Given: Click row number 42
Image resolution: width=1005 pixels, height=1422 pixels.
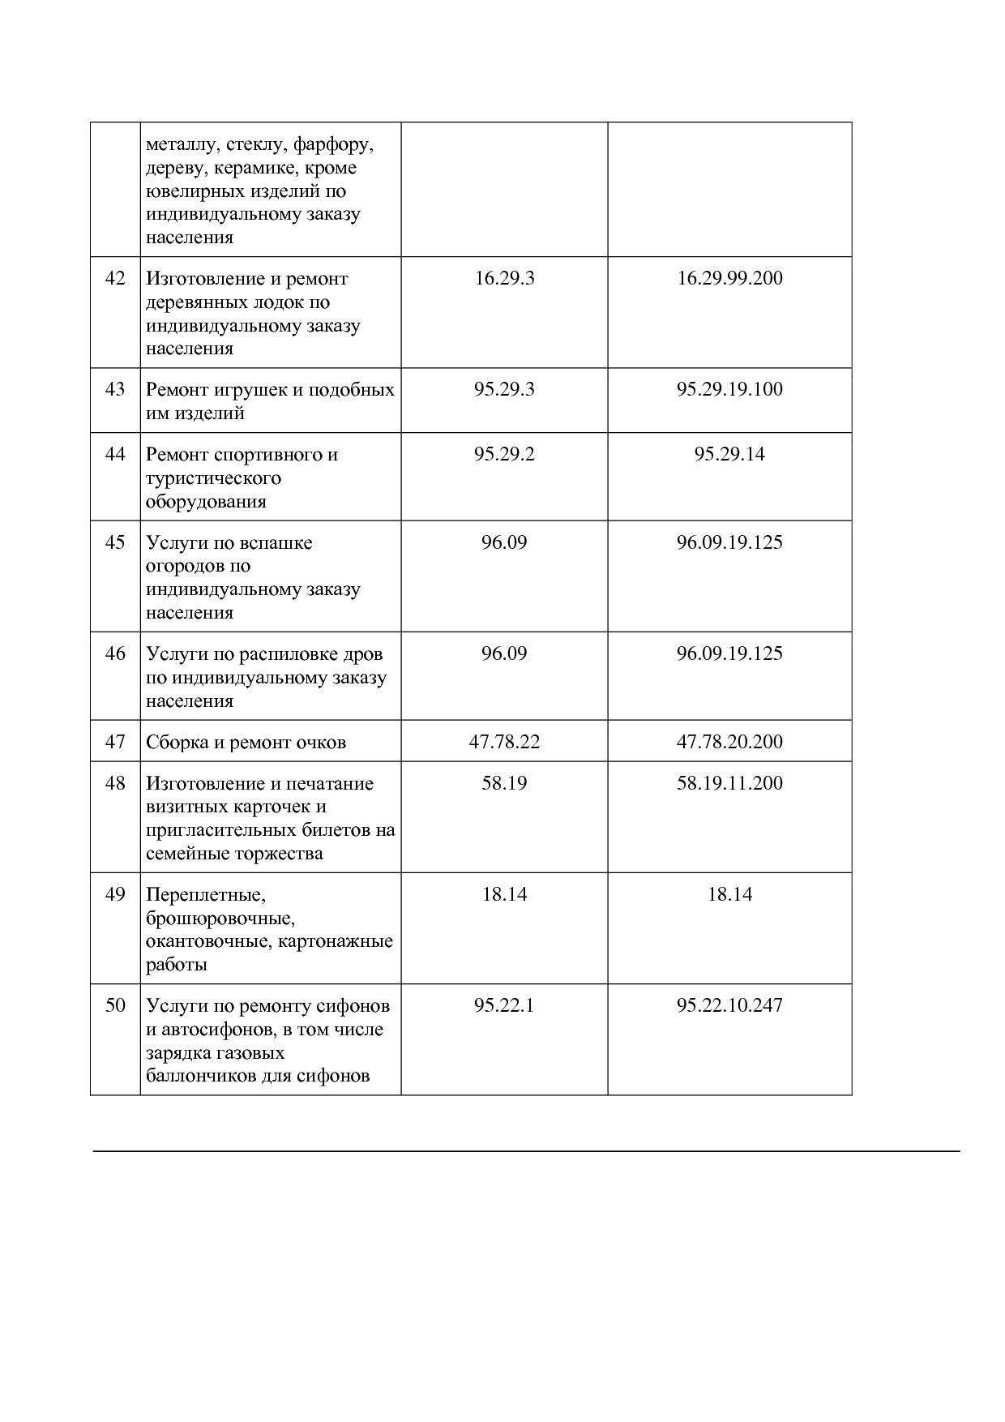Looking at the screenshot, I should tap(115, 278).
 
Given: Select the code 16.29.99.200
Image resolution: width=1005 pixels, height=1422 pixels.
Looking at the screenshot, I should tap(729, 278).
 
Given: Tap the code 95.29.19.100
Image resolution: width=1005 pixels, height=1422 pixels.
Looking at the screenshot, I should tap(729, 389).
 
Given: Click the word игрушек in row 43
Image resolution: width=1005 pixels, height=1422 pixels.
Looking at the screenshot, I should tap(249, 390).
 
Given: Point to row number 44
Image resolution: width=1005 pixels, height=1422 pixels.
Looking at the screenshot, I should tap(115, 454).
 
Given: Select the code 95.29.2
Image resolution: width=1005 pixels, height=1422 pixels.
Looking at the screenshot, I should tap(504, 454).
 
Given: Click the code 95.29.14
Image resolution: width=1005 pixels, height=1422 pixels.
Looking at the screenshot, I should tap(729, 454).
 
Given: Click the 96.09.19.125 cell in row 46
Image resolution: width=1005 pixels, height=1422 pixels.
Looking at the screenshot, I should tap(729, 653).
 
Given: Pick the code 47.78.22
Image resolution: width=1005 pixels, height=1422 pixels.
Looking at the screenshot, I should tap(504, 742).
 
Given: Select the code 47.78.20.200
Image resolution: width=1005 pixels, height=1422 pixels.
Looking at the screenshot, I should tap(729, 742).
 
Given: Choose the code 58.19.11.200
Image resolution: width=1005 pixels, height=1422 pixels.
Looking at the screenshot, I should tap(729, 783).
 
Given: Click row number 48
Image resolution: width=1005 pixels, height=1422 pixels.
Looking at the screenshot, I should tap(115, 783).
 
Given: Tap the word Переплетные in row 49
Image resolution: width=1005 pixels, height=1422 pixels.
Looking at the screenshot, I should tap(206, 895).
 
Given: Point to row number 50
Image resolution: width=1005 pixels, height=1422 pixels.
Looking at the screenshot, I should tap(115, 1005).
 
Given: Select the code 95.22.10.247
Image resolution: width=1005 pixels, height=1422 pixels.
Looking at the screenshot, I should tap(729, 1005).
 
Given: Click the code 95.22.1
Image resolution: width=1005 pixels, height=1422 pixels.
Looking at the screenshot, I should tap(504, 1005).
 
